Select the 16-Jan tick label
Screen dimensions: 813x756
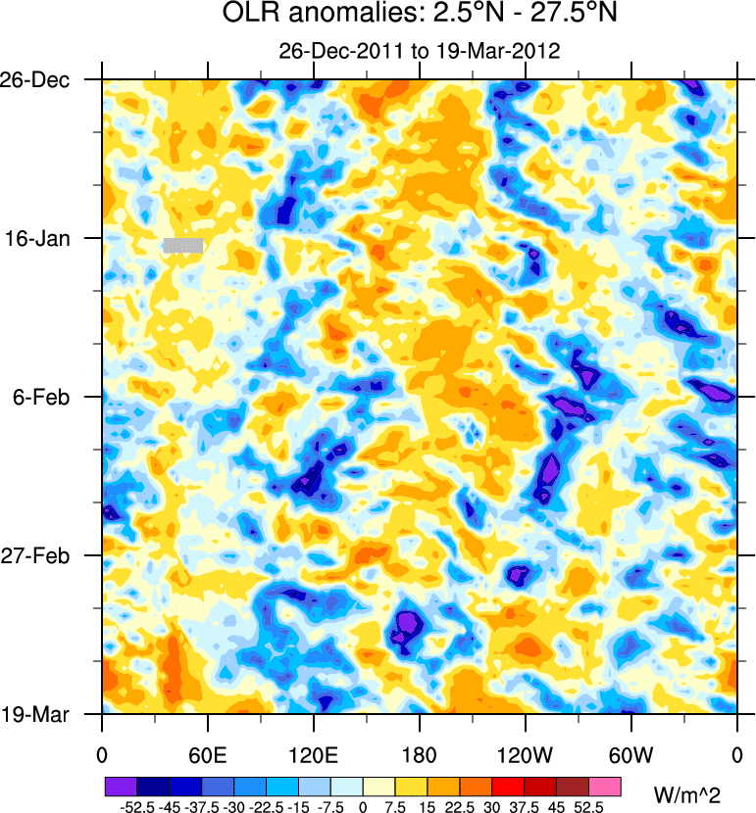pos(44,238)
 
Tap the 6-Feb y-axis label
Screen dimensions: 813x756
pos(46,397)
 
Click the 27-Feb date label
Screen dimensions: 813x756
pos(43,555)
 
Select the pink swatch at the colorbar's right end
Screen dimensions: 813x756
pos(606,787)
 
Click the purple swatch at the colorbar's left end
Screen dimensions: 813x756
pos(121,787)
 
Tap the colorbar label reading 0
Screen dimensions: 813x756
pos(363,806)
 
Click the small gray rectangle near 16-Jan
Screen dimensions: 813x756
pos(183,245)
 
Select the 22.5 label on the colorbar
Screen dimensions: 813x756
pos(460,806)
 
